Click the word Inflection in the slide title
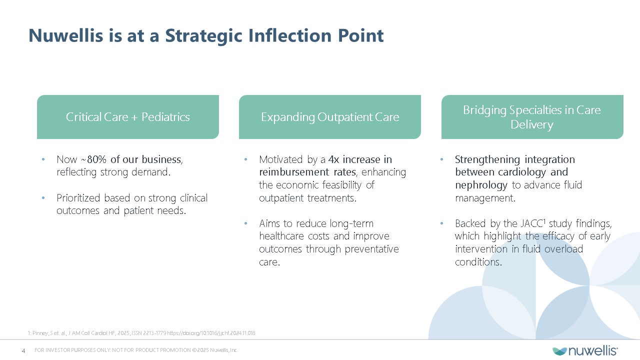[289, 35]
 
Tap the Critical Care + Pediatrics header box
[128, 117]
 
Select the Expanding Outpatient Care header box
[330, 117]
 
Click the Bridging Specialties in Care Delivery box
[532, 117]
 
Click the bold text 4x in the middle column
[333, 159]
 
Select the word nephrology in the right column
[481, 185]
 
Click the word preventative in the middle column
[371, 249]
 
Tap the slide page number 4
[23, 350]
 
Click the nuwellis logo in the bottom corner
[585, 351]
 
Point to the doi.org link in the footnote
[211, 333]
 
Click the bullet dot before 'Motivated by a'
[245, 159]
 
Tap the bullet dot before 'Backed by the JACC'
[441, 223]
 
